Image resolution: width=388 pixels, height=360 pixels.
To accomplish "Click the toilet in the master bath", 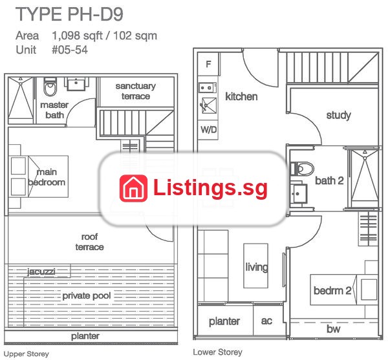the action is point(50,87).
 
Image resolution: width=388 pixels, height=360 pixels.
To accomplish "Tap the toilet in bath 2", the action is point(302,169).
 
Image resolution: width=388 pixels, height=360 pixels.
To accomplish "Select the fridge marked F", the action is point(208,64).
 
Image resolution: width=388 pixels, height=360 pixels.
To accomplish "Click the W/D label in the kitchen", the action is point(208,129).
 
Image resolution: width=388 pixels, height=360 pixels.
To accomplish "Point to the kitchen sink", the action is point(209,105).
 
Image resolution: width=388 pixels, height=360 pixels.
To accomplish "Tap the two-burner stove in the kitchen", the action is point(208,87).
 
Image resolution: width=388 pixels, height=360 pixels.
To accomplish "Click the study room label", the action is point(338,115).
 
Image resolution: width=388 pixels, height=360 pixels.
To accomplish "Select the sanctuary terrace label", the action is point(136,91).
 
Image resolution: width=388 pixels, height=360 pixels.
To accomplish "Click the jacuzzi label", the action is point(41,271).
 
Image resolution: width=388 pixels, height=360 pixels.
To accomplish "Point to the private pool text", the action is point(87,296).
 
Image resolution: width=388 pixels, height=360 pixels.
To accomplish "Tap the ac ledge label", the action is point(266,321).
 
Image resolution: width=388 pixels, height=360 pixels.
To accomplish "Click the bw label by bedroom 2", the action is point(333,329).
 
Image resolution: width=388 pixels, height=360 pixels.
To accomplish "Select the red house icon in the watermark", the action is point(133,188).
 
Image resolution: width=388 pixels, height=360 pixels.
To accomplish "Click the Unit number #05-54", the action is point(70,50).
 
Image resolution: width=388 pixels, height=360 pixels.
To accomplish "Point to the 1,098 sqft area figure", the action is point(77,36).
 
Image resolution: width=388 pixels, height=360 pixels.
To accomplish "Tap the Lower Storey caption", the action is point(217,352).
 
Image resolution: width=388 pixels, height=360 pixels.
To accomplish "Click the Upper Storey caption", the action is point(27,354).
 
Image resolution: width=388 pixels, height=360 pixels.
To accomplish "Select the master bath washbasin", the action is point(76,84).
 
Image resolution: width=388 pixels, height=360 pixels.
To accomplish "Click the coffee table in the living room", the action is point(256,266).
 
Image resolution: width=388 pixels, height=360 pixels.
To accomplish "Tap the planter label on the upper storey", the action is point(85,336).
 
